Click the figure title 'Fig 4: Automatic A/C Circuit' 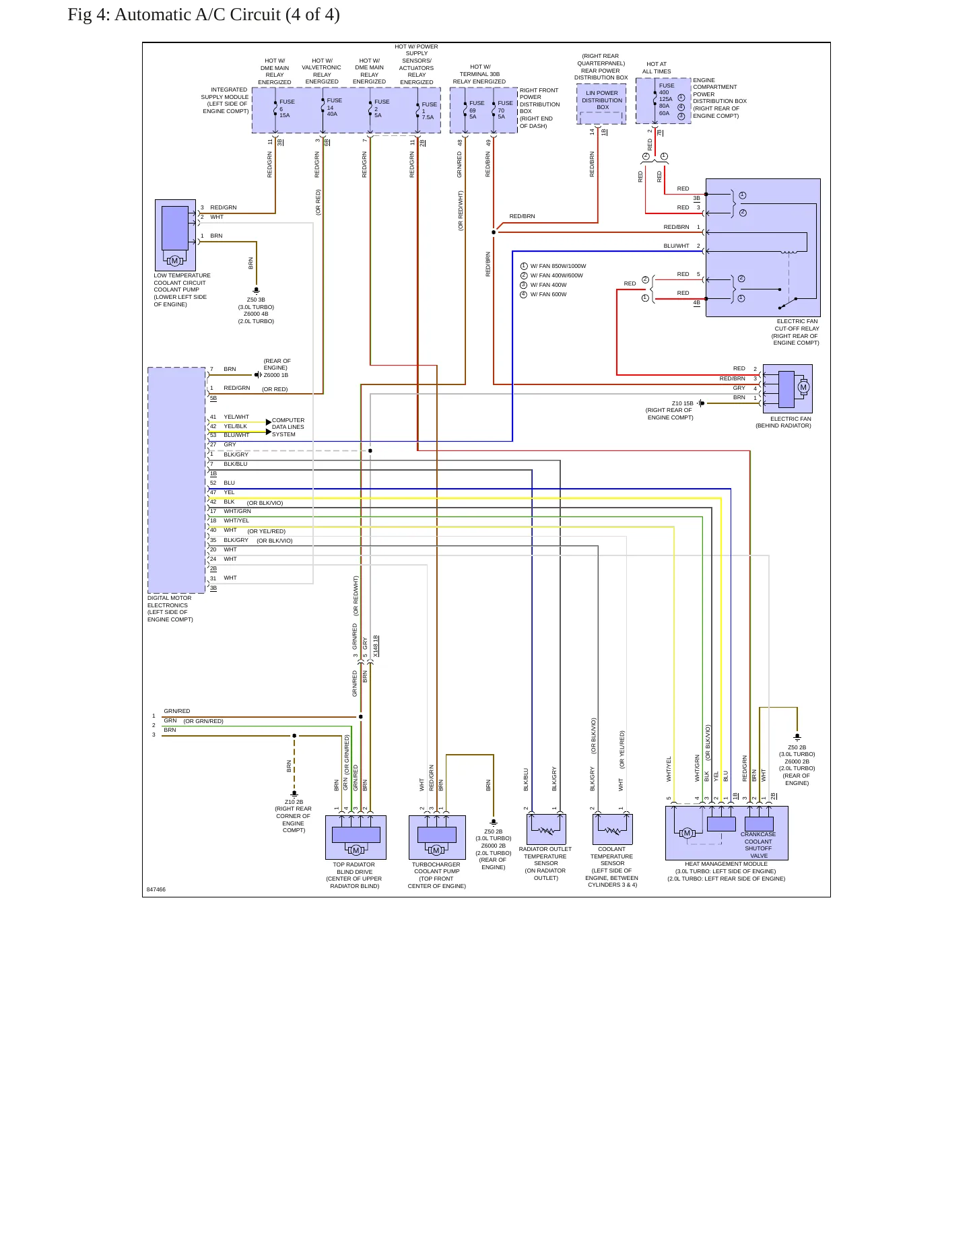pyautogui.click(x=174, y=15)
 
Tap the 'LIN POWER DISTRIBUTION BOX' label pyautogui.click(x=602, y=100)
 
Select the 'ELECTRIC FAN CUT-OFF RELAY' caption pyautogui.click(x=796, y=332)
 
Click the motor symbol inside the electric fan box pyautogui.click(x=803, y=387)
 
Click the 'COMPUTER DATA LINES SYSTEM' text pyautogui.click(x=288, y=427)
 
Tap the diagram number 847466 pyautogui.click(x=156, y=889)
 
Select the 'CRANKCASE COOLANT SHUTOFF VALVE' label pyautogui.click(x=758, y=845)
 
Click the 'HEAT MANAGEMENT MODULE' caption pyautogui.click(x=726, y=864)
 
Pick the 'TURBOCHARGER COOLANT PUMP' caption pyautogui.click(x=436, y=868)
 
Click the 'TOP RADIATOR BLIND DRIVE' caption pyautogui.click(x=354, y=868)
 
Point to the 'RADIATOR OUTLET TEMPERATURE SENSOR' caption pyautogui.click(x=545, y=856)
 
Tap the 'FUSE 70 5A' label pyautogui.click(x=505, y=110)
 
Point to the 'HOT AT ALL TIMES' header pyautogui.click(x=657, y=68)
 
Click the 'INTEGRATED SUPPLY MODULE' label pyautogui.click(x=225, y=100)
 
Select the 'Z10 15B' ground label pyautogui.click(x=682, y=403)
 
